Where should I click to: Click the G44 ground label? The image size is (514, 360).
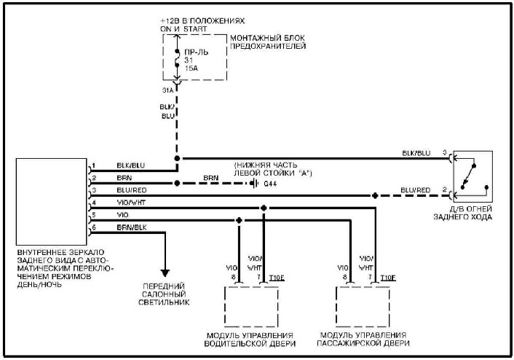270,184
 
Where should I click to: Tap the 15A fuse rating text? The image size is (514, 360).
191,69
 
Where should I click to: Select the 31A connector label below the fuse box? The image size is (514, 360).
168,90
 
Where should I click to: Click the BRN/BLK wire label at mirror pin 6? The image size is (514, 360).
132,227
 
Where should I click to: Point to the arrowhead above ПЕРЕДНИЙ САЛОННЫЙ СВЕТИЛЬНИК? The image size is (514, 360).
165,273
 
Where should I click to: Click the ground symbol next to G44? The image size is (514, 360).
253,183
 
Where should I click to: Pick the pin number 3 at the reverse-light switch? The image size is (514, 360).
445,152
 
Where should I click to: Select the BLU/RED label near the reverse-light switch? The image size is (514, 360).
415,190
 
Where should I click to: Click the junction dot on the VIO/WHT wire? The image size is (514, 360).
264,208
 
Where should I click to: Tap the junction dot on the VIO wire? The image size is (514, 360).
239,220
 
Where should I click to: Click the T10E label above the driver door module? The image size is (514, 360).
277,278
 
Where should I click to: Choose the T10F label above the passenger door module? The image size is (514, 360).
388,278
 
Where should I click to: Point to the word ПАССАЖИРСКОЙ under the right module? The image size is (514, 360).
347,343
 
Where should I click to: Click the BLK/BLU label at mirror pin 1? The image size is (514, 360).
131,165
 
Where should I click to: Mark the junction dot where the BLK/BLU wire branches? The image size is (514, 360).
177,159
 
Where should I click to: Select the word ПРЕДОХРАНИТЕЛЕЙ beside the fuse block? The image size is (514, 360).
268,46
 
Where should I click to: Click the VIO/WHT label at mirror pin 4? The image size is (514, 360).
131,203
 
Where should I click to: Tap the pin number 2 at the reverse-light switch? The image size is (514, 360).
445,189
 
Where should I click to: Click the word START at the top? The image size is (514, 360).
195,29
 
